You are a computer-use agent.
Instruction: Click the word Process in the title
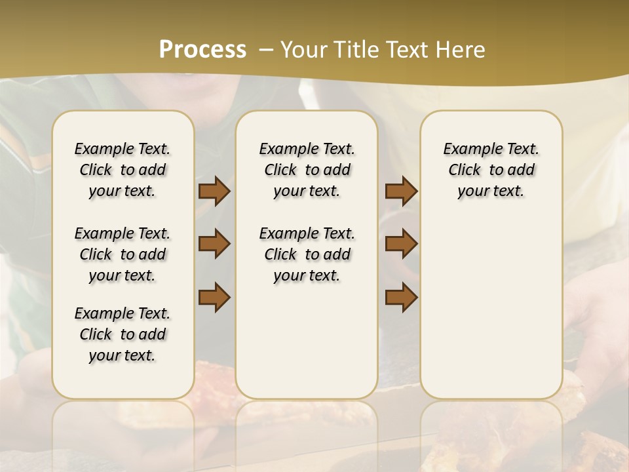[202, 49]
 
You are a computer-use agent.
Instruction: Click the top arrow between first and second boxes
[214, 191]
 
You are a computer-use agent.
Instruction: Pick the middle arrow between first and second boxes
[214, 244]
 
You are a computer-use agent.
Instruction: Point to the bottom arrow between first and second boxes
[214, 296]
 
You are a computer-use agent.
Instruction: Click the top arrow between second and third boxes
[401, 191]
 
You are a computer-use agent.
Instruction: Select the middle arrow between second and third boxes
[401, 244]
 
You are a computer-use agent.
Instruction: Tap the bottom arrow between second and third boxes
[401, 296]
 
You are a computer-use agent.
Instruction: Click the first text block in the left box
[123, 170]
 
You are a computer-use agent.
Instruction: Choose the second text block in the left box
[123, 254]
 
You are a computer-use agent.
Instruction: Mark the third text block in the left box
[123, 334]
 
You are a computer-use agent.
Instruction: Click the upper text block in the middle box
[307, 170]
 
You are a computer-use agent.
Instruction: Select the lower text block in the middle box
[307, 254]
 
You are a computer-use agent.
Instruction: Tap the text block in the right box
[491, 170]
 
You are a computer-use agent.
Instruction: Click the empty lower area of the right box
[491, 308]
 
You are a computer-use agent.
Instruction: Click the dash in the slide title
[266, 50]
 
